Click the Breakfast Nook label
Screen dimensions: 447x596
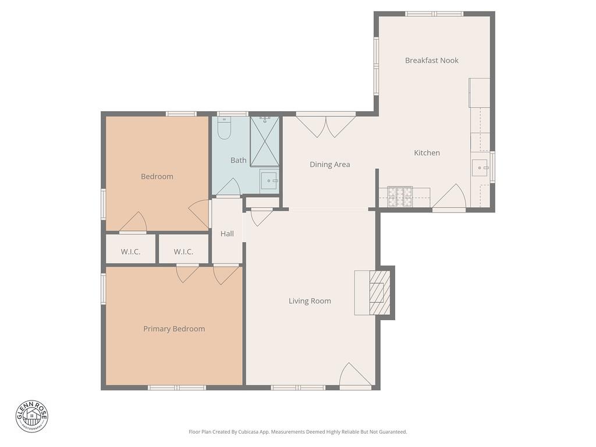point(431,61)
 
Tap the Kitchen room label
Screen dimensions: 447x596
point(427,153)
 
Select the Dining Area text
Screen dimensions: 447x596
point(329,165)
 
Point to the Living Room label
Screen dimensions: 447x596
point(310,301)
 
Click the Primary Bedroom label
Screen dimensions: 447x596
point(174,329)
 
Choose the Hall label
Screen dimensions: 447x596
point(227,234)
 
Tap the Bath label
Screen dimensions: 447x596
point(238,160)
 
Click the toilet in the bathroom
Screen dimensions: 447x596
point(225,127)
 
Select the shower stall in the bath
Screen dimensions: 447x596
point(265,141)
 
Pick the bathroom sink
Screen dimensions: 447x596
point(269,180)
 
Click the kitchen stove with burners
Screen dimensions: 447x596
point(400,197)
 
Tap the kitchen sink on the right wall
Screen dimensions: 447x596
point(480,168)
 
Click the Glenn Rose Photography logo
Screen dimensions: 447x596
point(32,416)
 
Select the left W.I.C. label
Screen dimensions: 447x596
point(130,252)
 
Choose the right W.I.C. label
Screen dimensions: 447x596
point(183,252)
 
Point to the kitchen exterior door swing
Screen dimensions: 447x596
point(450,198)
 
